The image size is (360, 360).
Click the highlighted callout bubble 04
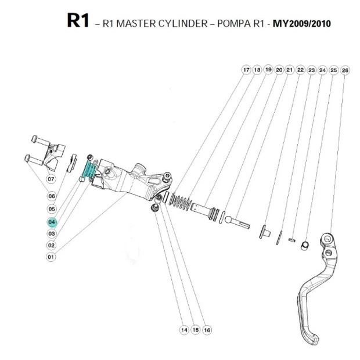click(52, 222)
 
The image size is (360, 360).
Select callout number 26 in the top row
click(345, 70)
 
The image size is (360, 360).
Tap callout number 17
click(246, 70)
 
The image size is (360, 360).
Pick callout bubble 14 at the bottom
click(184, 329)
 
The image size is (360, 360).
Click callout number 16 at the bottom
click(207, 329)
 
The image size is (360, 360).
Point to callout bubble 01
click(51, 257)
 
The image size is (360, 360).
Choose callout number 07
click(51, 179)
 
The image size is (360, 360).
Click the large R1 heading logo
click(78, 21)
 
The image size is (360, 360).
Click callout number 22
click(300, 70)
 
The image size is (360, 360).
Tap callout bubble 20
click(279, 70)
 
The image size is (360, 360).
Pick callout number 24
click(323, 70)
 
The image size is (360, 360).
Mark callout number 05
click(51, 208)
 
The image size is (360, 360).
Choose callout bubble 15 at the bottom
click(195, 329)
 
